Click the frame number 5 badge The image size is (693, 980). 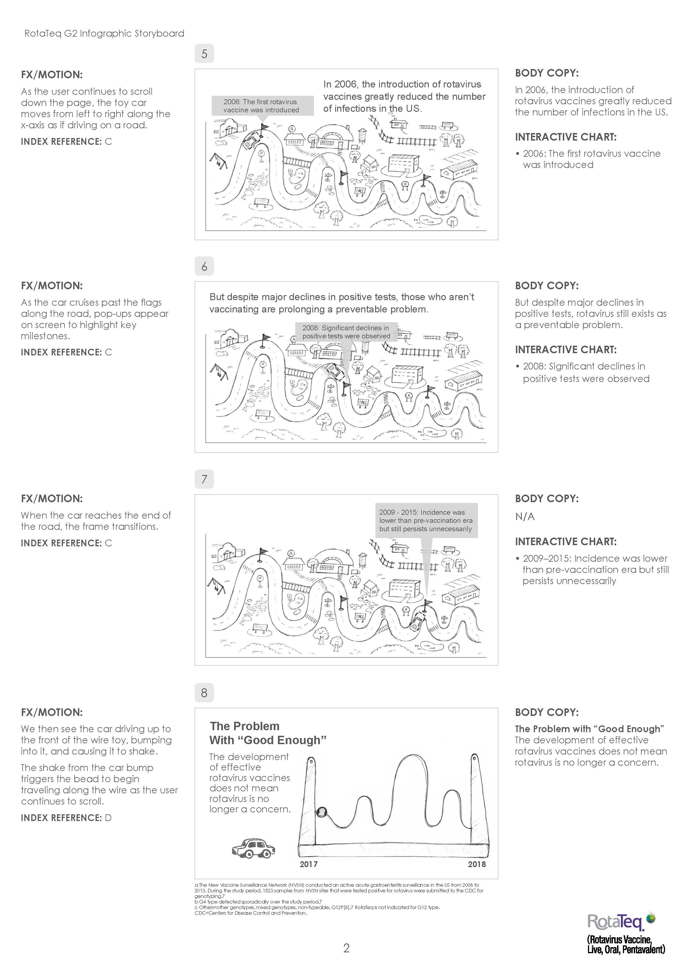pyautogui.click(x=204, y=54)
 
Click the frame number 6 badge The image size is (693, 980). pyautogui.click(x=204, y=266)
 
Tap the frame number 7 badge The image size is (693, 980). pyautogui.click(x=204, y=479)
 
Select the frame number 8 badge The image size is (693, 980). pyautogui.click(x=204, y=692)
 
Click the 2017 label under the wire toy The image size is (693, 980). pyautogui.click(x=309, y=864)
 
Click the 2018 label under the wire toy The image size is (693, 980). pyautogui.click(x=477, y=864)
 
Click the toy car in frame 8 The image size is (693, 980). pyautogui.click(x=253, y=848)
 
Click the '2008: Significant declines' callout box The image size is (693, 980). pyautogui.click(x=346, y=332)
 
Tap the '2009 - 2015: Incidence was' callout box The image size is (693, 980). pyautogui.click(x=425, y=520)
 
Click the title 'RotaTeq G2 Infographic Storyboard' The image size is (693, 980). pyautogui.click(x=104, y=33)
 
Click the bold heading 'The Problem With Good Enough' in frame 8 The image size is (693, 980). pyautogui.click(x=268, y=733)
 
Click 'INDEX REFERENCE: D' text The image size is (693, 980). pyautogui.click(x=66, y=818)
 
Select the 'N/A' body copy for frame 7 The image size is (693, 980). pyautogui.click(x=525, y=516)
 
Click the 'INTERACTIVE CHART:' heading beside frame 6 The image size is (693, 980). pyautogui.click(x=565, y=350)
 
